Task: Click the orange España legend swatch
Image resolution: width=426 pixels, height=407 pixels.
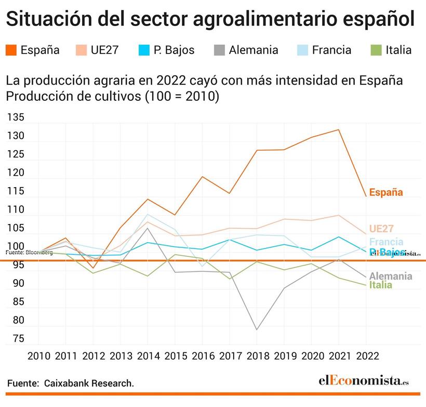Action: (11, 50)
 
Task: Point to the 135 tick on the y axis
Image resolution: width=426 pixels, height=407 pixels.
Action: (16, 118)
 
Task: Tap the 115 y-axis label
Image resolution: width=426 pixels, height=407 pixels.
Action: (16, 191)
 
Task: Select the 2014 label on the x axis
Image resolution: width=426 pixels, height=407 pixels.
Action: (148, 356)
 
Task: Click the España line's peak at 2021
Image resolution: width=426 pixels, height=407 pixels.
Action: (339, 129)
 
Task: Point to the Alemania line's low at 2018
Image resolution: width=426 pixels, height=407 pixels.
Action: (257, 330)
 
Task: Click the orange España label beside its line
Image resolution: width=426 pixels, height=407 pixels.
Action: (386, 192)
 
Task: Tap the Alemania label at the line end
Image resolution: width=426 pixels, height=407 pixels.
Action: (391, 276)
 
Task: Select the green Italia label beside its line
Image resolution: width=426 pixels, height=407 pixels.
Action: (381, 285)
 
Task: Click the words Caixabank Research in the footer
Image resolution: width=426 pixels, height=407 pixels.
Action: (89, 384)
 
